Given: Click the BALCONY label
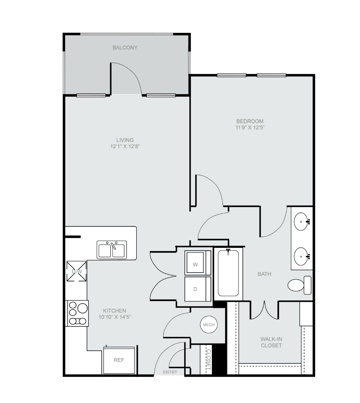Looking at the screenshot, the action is [x=125, y=47].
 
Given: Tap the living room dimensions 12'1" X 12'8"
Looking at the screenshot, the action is [x=125, y=146].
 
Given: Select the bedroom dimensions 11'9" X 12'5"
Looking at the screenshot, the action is [x=250, y=127].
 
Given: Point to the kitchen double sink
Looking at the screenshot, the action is [x=112, y=250].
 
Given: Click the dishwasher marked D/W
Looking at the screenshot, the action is [x=77, y=271].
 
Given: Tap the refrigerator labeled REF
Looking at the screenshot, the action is [x=119, y=360].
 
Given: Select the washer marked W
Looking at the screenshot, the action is [x=198, y=263].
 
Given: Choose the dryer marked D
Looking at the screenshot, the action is [x=198, y=289].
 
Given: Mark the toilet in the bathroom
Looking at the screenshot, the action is [x=299, y=285].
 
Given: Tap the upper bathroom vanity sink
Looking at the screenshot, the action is [x=302, y=222].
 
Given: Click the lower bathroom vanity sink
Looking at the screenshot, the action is [x=302, y=256].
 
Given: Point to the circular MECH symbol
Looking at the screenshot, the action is [x=209, y=325].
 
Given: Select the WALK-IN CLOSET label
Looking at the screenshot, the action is [x=271, y=342].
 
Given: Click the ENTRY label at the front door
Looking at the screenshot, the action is [x=170, y=372].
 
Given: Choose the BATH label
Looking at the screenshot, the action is [x=264, y=274].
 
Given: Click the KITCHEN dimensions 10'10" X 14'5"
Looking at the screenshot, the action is [x=115, y=317].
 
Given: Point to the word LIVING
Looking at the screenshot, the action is [x=125, y=140].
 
